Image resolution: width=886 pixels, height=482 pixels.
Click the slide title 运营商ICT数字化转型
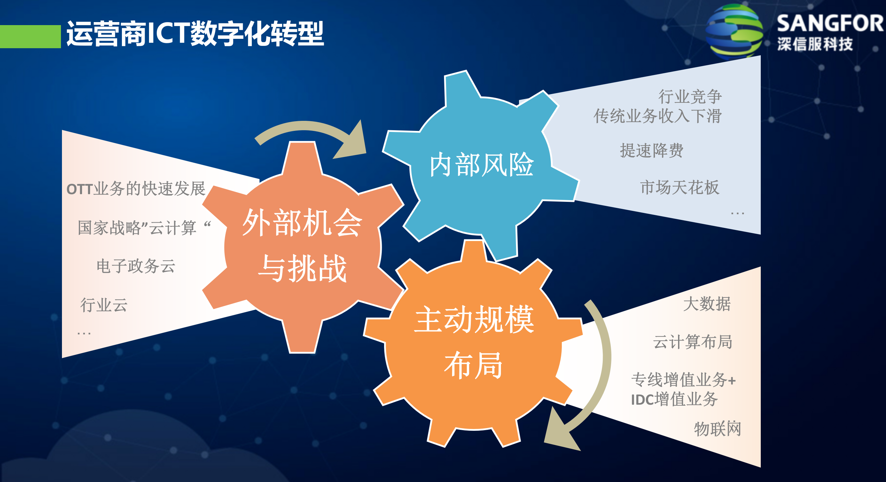click(x=195, y=33)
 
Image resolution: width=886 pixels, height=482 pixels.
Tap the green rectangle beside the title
click(x=30, y=36)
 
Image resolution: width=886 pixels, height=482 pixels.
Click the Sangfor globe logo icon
click(x=734, y=31)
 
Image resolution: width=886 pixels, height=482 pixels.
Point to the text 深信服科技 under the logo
click(x=815, y=44)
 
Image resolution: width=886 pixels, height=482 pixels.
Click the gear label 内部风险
click(x=481, y=165)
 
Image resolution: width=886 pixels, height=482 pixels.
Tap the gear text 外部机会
click(x=302, y=223)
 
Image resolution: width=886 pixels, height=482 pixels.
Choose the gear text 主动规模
click(x=474, y=320)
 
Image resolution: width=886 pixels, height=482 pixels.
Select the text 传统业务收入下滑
click(x=657, y=116)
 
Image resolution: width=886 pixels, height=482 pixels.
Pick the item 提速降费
click(x=651, y=151)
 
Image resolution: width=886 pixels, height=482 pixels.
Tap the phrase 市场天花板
click(x=680, y=188)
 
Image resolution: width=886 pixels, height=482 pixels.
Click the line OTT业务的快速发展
click(x=136, y=189)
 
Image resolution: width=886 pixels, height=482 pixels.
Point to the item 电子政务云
click(x=136, y=266)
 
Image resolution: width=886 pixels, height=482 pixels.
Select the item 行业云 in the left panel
click(x=104, y=305)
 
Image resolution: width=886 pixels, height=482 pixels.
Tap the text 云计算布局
click(x=692, y=342)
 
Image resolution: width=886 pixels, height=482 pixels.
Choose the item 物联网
click(x=717, y=429)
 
